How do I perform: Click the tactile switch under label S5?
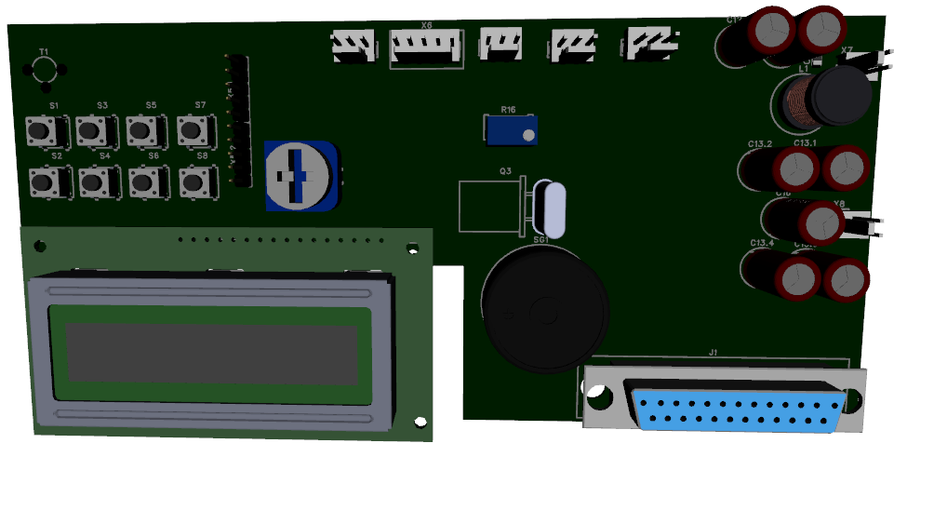[x=141, y=131]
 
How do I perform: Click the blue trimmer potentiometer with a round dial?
[x=300, y=174]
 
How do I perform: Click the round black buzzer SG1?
[x=543, y=308]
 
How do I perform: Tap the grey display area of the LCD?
[x=212, y=352]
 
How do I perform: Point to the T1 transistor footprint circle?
[x=44, y=70]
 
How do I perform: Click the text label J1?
[x=714, y=353]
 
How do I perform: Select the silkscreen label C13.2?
[x=760, y=144]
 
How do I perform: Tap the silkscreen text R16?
[x=508, y=110]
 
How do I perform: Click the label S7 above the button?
[x=199, y=105]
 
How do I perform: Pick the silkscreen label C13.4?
[x=761, y=244]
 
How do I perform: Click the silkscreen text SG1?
[x=540, y=239]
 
